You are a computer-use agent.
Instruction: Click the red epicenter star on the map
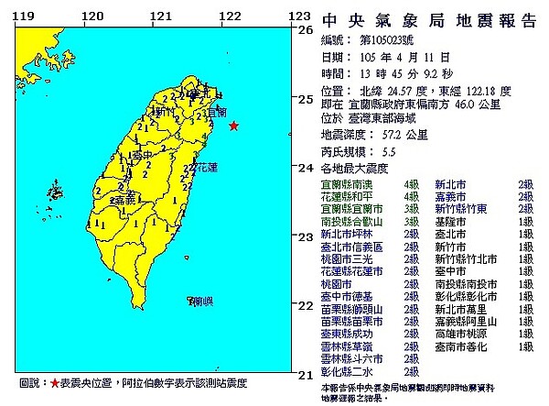click(233, 126)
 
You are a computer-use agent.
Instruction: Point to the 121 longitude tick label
click(161, 16)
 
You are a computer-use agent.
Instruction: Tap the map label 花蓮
click(205, 168)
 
